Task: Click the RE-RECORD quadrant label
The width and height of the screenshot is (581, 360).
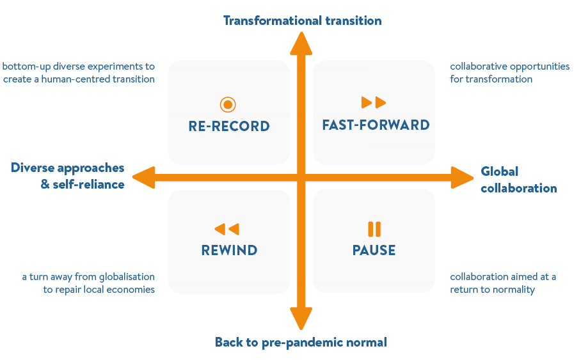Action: point(229,127)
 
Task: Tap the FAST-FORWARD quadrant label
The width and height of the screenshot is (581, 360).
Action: point(375,125)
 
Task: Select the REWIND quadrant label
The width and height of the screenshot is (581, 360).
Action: point(229,250)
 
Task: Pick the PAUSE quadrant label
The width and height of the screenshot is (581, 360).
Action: point(374,250)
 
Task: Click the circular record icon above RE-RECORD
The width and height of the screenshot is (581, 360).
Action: point(228,104)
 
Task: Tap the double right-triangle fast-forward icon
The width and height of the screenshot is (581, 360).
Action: point(374,102)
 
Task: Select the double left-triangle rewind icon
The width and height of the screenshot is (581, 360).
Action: point(227,229)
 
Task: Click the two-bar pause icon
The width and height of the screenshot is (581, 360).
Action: point(374,229)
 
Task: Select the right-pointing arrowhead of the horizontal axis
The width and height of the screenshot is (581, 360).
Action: point(461,177)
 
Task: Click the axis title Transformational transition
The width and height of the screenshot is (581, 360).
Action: point(302,20)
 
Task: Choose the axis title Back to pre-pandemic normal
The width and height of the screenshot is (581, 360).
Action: point(301,342)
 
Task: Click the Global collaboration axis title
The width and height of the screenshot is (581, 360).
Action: point(518,180)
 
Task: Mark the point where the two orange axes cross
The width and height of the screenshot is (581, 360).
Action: point(301,177)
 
